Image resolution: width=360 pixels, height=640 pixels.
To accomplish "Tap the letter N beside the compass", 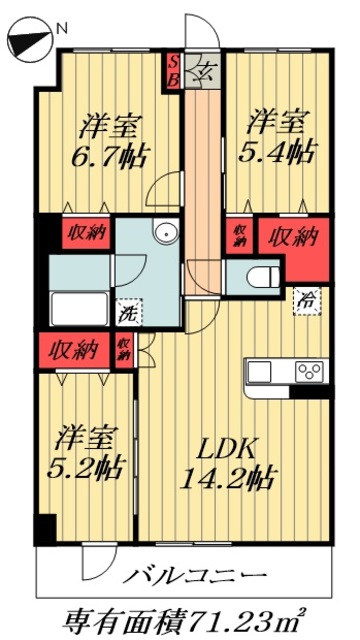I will coord(62,29).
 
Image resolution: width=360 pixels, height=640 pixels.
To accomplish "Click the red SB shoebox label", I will coord(172,71).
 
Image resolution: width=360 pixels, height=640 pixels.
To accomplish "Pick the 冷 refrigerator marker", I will coord(304,299).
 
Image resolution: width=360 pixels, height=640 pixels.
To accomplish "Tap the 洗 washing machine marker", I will coord(127,311).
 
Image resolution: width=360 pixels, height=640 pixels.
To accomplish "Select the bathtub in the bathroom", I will coord(77,306).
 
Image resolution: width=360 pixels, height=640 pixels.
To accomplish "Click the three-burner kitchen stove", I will coord(307,372).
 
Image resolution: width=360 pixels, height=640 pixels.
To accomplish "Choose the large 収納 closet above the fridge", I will coord(291,237).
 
